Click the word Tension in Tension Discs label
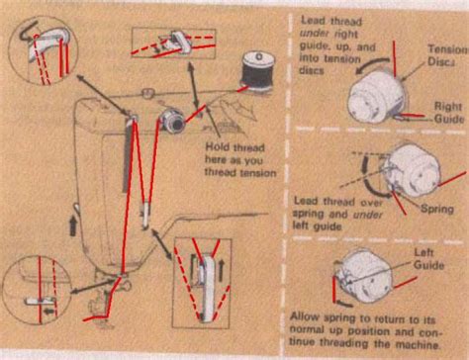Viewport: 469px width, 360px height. (442, 49)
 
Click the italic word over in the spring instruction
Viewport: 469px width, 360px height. (380, 198)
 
